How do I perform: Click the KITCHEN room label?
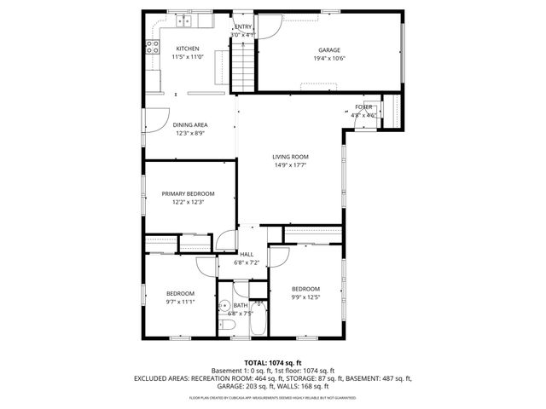tap(188, 49)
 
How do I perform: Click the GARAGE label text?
tap(329, 50)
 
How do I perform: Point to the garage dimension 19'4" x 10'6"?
tap(329, 59)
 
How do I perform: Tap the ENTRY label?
tap(244, 26)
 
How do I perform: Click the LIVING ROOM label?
tap(290, 157)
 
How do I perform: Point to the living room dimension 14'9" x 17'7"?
tap(290, 165)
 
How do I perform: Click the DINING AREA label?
tap(190, 124)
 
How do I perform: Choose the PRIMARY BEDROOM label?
tap(188, 193)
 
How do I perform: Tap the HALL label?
tap(247, 254)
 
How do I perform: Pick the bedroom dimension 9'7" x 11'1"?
tap(180, 301)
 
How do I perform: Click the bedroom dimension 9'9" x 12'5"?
tap(305, 297)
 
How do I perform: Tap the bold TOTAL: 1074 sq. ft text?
tap(273, 362)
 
